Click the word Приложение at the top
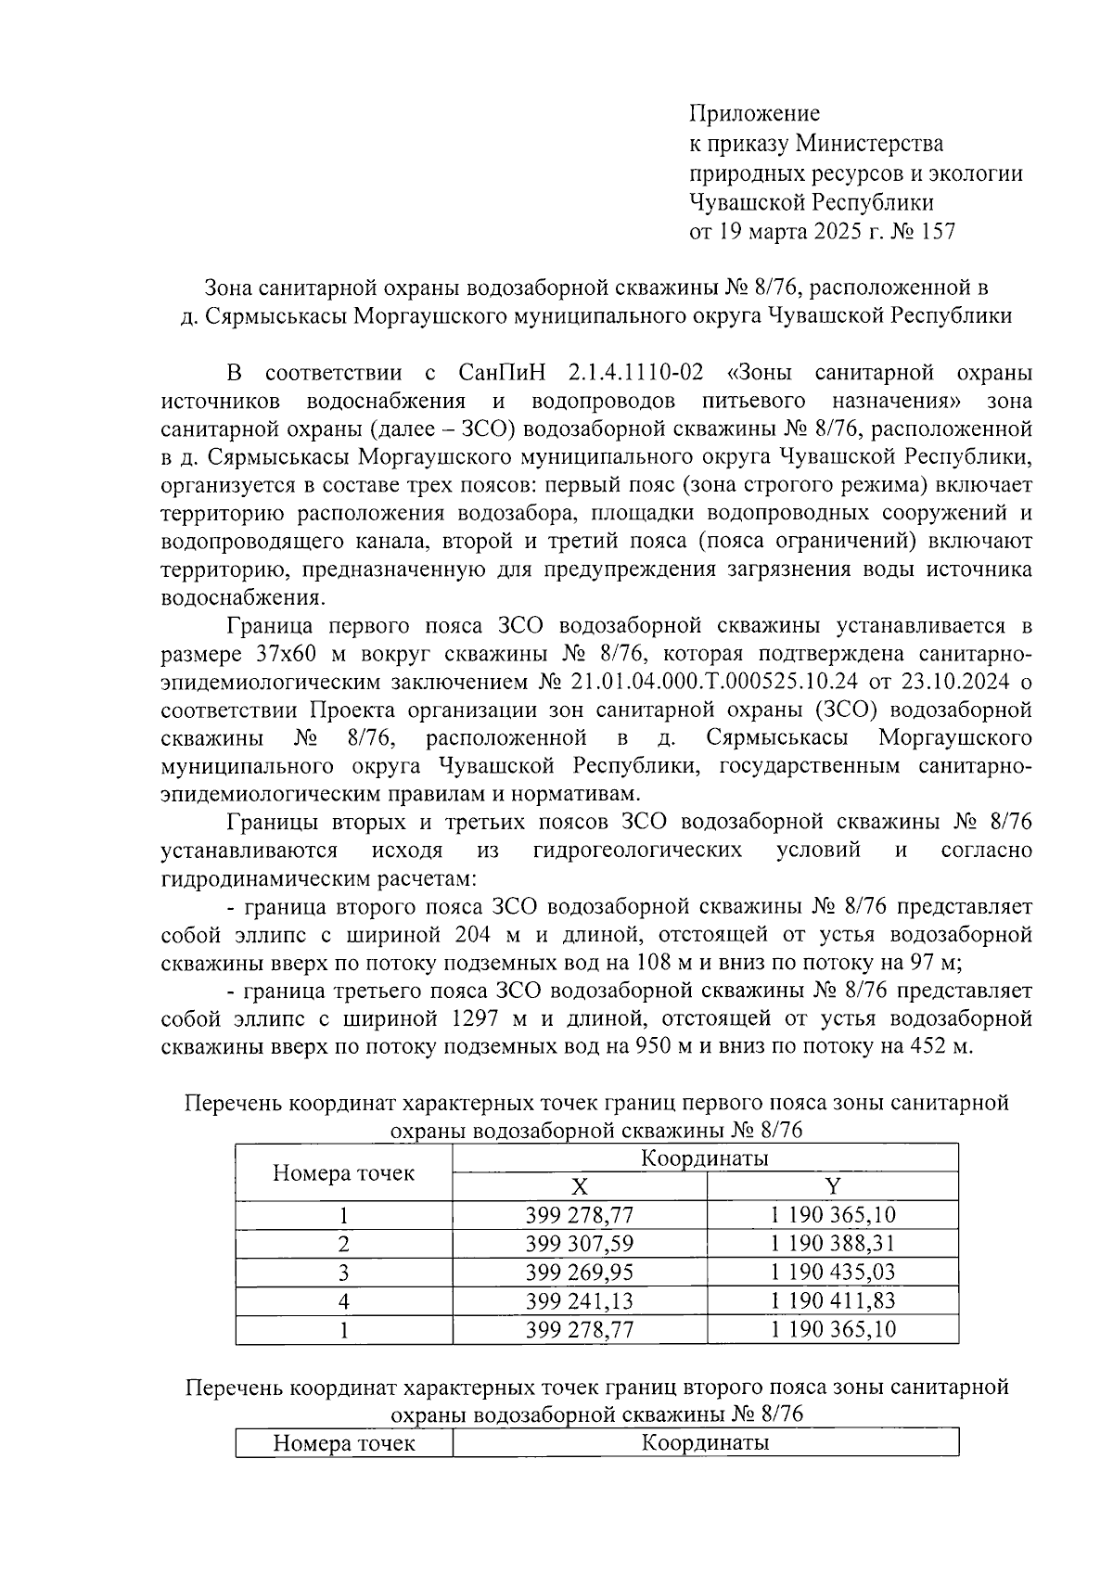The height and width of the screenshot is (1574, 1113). pyautogui.click(x=754, y=114)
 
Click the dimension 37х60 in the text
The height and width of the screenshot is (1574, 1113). pyautogui.click(x=284, y=654)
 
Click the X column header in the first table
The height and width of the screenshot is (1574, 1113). pyautogui.click(x=579, y=1186)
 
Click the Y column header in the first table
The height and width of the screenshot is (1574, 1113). pyautogui.click(x=832, y=1186)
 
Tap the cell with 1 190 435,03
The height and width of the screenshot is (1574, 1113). pyautogui.click(x=832, y=1273)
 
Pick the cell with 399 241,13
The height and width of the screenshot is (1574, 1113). pyautogui.click(x=579, y=1301)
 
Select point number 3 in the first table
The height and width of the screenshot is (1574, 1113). pyautogui.click(x=343, y=1273)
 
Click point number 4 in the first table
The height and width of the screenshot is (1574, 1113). pyautogui.click(x=343, y=1301)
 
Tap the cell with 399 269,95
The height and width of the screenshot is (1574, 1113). pyautogui.click(x=579, y=1273)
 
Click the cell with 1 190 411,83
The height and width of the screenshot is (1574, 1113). pyautogui.click(x=832, y=1301)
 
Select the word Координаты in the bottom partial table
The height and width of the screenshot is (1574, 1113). pyautogui.click(x=705, y=1443)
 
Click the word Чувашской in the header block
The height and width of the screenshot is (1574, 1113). pyautogui.click(x=748, y=202)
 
